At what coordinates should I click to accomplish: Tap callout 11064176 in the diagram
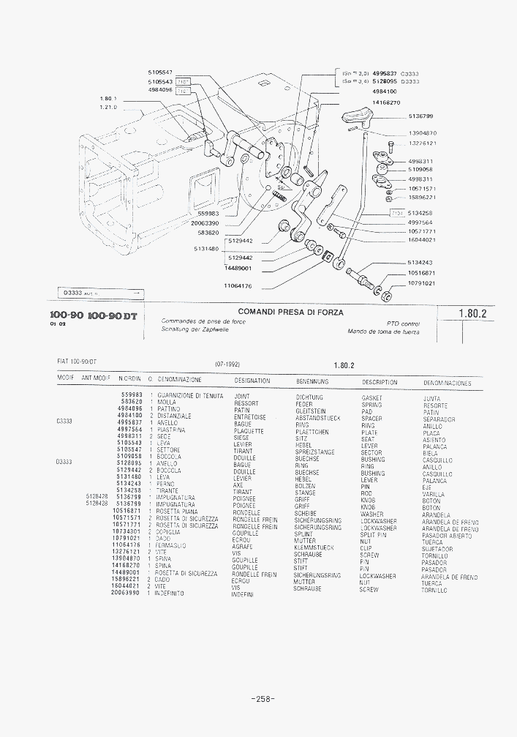[238, 286]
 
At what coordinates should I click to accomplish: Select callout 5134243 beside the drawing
[420, 263]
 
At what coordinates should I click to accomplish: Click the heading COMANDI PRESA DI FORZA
[290, 313]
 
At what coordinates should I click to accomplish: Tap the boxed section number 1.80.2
[472, 313]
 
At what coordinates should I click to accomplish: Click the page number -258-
[262, 698]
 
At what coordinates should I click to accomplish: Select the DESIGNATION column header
[252, 381]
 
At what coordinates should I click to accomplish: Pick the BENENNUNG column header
[312, 381]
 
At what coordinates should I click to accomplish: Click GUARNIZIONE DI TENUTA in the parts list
[190, 396]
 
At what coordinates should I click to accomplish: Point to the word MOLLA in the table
[167, 403]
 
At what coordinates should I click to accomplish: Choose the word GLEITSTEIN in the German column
[310, 411]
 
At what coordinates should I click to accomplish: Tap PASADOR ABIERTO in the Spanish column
[448, 535]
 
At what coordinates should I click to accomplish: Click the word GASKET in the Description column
[372, 398]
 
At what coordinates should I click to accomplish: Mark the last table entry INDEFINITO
[169, 594]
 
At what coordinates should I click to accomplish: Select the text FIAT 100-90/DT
[78, 361]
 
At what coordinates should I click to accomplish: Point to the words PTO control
[403, 323]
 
